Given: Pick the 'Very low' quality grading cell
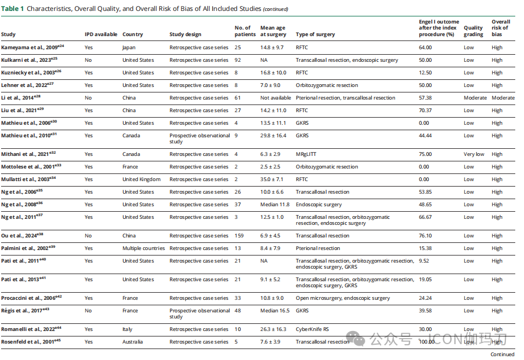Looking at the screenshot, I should [x=474, y=154].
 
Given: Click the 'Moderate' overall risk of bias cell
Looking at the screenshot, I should [x=503, y=98].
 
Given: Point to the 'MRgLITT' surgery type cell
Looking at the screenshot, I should [x=308, y=154].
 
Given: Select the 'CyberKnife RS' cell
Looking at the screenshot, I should [x=313, y=329].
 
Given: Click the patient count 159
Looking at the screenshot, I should [x=239, y=236].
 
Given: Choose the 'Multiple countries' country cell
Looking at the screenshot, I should [x=143, y=248].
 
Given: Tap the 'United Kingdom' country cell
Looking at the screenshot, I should [x=141, y=179].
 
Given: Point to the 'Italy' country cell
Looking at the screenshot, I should [x=128, y=329].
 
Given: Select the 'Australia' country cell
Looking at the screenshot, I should [x=132, y=342].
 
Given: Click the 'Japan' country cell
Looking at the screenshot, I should [x=129, y=48].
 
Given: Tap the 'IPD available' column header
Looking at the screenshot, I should [x=101, y=34].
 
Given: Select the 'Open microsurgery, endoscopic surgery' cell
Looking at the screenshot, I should [x=342, y=298].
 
